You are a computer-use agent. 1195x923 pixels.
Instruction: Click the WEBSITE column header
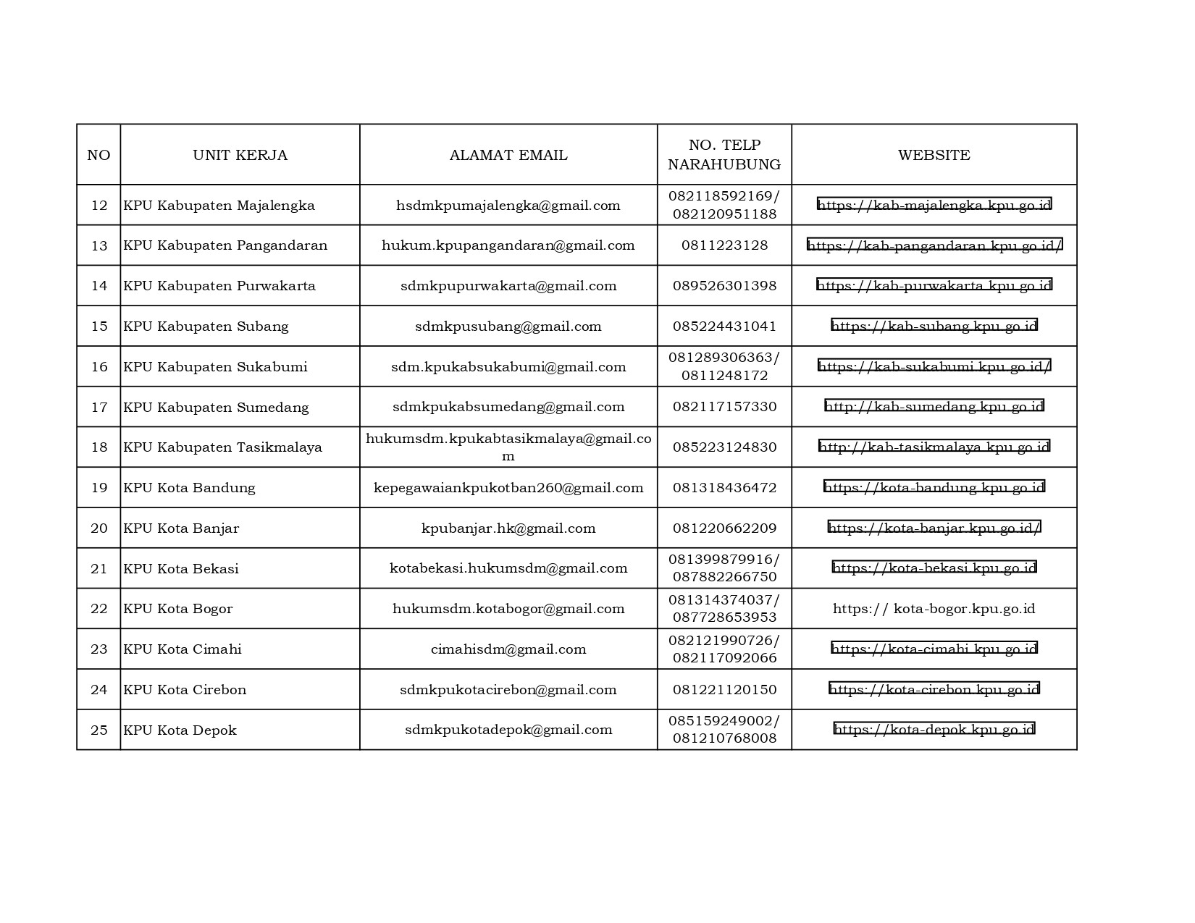click(x=934, y=155)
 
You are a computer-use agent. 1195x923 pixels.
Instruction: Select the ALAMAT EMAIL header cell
click(x=508, y=155)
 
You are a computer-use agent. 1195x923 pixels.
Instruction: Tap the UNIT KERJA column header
click(x=240, y=155)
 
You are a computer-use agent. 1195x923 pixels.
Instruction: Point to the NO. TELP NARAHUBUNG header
click(x=724, y=155)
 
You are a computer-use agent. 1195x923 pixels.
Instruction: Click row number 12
click(x=98, y=206)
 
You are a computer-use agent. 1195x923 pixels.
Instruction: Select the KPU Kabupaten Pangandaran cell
click(x=225, y=245)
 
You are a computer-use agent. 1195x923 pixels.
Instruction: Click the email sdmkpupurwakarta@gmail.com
click(x=508, y=286)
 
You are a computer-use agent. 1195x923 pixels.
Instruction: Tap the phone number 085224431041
click(x=724, y=326)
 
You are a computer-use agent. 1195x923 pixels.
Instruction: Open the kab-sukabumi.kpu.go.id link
click(x=934, y=366)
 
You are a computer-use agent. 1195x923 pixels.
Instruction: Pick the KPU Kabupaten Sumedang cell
click(x=216, y=408)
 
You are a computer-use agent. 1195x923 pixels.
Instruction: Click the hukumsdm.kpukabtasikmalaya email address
click(x=508, y=447)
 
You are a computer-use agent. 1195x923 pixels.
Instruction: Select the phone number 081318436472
click(x=724, y=488)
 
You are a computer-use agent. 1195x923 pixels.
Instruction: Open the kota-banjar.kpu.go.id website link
click(x=934, y=528)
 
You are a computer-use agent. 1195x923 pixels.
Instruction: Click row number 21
click(x=98, y=569)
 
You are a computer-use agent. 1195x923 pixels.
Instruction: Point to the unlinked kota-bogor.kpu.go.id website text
click(x=934, y=609)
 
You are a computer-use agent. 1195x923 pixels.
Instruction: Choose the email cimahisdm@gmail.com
click(x=508, y=649)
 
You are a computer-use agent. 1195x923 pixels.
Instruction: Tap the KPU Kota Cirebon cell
click(x=185, y=690)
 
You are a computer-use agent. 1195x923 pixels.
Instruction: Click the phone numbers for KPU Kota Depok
click(x=724, y=730)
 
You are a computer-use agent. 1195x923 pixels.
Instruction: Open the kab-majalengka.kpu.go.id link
click(x=934, y=205)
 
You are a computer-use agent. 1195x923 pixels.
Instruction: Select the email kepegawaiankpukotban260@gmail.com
click(x=508, y=488)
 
